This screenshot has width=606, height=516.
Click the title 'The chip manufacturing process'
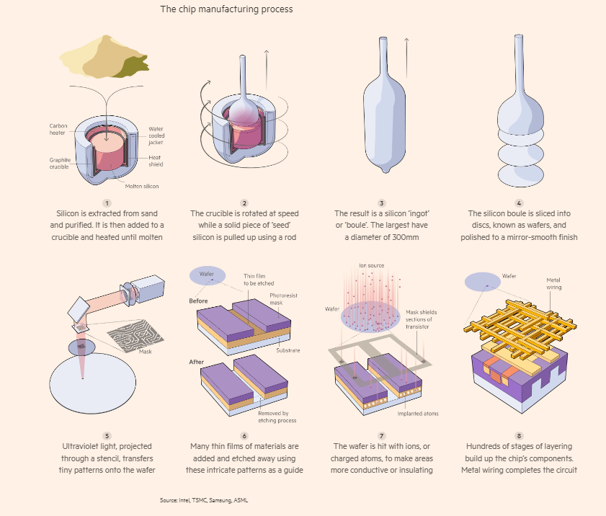[x=226, y=9]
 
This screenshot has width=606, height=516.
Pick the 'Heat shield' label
[x=156, y=161]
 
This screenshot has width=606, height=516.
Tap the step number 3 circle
[x=381, y=204]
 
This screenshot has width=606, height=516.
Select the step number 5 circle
[x=107, y=435]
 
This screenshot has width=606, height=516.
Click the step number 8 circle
[x=519, y=435]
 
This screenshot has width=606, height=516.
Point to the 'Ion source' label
[x=372, y=266]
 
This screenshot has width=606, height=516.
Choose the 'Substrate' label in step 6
[x=286, y=350]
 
